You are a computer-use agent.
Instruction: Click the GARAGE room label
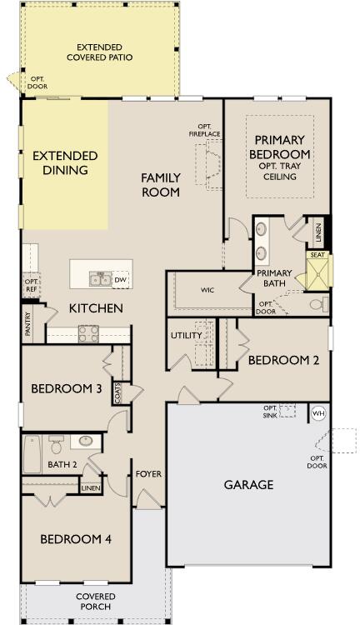(248, 485)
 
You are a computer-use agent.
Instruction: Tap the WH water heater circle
(317, 413)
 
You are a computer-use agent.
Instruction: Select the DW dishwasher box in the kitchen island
(121, 280)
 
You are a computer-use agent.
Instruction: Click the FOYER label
(148, 474)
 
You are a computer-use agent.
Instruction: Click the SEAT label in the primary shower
(317, 256)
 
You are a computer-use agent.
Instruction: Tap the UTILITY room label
(187, 335)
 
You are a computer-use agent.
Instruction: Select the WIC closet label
(207, 291)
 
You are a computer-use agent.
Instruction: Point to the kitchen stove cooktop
(89, 334)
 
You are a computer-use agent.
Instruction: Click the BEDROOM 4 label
(76, 539)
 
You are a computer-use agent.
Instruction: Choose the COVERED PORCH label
(95, 602)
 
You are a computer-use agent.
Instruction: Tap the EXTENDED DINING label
(64, 163)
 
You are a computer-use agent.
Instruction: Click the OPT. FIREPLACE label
(202, 130)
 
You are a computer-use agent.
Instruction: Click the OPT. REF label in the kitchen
(31, 286)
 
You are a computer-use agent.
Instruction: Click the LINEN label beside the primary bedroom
(317, 230)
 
